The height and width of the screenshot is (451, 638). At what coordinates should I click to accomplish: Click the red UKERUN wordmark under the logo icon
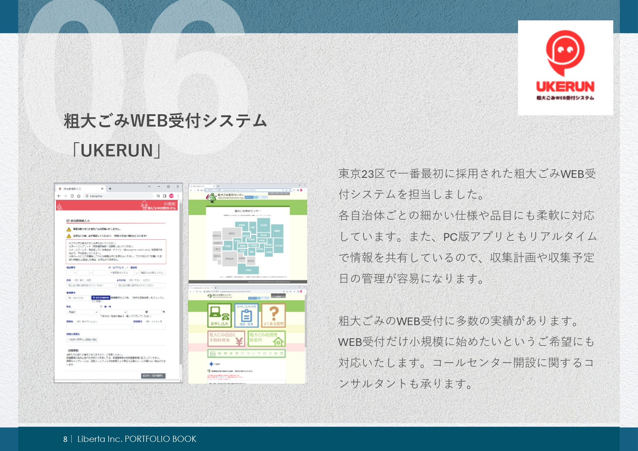click(565, 87)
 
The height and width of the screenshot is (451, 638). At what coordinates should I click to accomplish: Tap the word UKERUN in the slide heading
click(117, 151)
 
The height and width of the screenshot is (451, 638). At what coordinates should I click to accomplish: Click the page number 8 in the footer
click(65, 439)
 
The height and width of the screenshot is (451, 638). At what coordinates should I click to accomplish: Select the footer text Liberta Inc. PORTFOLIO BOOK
click(137, 439)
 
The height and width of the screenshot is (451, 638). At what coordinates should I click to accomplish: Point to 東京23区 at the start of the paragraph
click(361, 174)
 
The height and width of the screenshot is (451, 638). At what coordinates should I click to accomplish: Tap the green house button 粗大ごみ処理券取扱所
click(266, 338)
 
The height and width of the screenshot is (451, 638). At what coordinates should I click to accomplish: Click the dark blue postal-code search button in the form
click(100, 298)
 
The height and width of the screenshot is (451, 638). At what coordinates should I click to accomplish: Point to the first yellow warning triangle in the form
click(69, 229)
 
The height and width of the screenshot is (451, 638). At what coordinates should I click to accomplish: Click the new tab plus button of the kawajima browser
click(110, 189)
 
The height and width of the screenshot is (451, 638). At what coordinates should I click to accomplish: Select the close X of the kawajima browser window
click(177, 187)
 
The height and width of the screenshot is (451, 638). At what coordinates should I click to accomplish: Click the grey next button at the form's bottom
click(153, 375)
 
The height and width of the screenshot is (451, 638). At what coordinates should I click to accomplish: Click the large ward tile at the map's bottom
click(248, 270)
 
